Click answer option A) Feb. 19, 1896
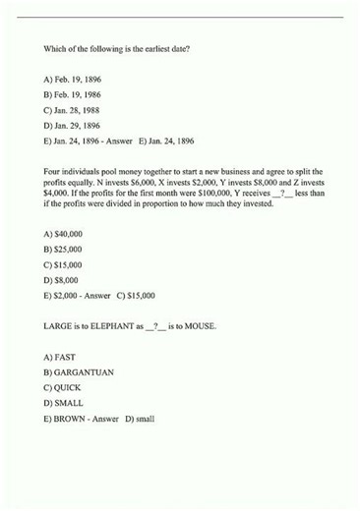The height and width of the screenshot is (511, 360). (x=72, y=78)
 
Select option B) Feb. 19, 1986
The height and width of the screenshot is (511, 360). (x=72, y=93)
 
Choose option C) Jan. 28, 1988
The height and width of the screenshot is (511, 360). (x=72, y=109)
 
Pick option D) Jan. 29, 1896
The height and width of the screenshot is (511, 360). (x=72, y=125)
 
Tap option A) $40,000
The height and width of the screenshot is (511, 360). (x=63, y=234)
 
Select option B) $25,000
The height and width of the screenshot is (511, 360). (x=63, y=250)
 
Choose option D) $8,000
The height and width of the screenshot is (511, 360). (x=61, y=280)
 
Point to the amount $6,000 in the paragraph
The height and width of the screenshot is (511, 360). (x=122, y=183)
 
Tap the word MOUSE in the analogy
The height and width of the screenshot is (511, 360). (x=198, y=324)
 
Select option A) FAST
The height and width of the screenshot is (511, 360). (x=60, y=357)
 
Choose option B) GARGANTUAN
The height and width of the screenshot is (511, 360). (x=75, y=372)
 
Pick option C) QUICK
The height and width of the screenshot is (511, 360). (x=62, y=388)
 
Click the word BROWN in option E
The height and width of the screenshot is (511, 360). (x=67, y=419)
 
